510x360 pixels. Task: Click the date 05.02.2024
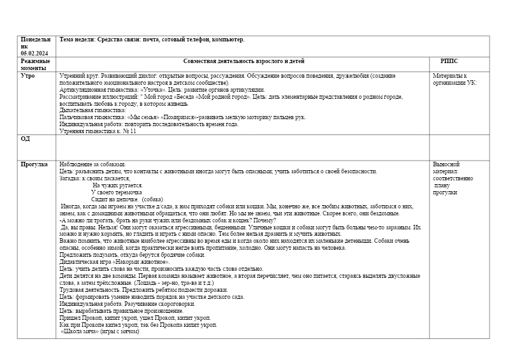[34, 53]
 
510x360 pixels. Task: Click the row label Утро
[28, 75]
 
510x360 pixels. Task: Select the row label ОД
[25, 138]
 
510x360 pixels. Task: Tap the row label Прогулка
[34, 164]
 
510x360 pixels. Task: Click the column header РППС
[449, 61]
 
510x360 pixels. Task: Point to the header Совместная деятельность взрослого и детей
[244, 61]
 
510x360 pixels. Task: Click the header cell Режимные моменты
[35, 64]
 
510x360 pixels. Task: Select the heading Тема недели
[77, 40]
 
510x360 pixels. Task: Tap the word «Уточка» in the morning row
[135, 89]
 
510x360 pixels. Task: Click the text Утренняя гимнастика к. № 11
[98, 131]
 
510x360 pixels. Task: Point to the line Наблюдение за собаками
[92, 164]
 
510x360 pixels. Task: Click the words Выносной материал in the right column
[450, 168]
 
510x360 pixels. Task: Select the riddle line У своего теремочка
[117, 192]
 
